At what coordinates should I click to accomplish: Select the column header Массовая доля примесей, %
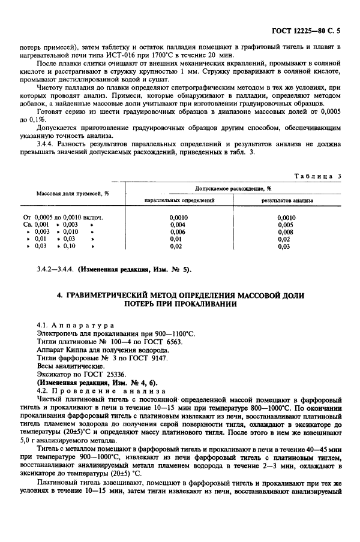coord(73,194)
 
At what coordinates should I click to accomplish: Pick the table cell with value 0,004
coord(177,224)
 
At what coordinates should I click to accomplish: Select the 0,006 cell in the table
coord(177,231)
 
